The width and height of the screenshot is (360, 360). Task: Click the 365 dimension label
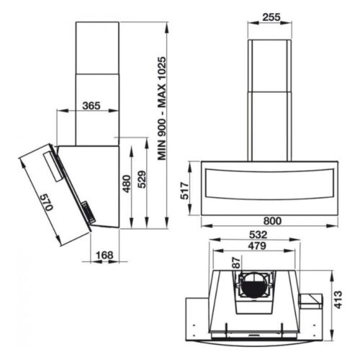tap(91, 105)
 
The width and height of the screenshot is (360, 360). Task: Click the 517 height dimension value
tap(184, 189)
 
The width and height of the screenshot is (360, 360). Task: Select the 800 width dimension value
tap(271, 220)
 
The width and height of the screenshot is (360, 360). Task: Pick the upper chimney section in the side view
tap(96, 47)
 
